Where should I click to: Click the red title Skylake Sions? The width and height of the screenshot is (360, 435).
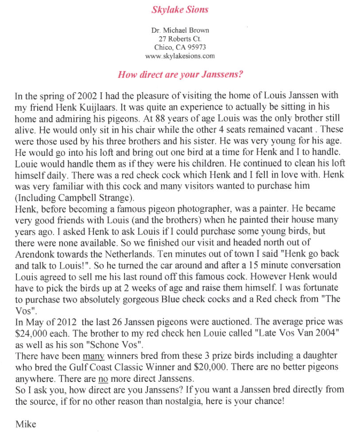pos(180,9)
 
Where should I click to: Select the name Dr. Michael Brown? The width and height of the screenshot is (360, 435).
pos(180,31)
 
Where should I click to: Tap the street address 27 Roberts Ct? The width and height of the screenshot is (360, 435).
pos(180,39)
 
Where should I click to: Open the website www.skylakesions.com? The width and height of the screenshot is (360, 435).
pos(180,56)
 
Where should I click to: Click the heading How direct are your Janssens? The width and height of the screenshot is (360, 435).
pos(180,74)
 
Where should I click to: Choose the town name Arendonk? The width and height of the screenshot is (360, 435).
pos(35,254)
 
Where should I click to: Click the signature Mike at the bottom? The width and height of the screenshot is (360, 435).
pos(26,424)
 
